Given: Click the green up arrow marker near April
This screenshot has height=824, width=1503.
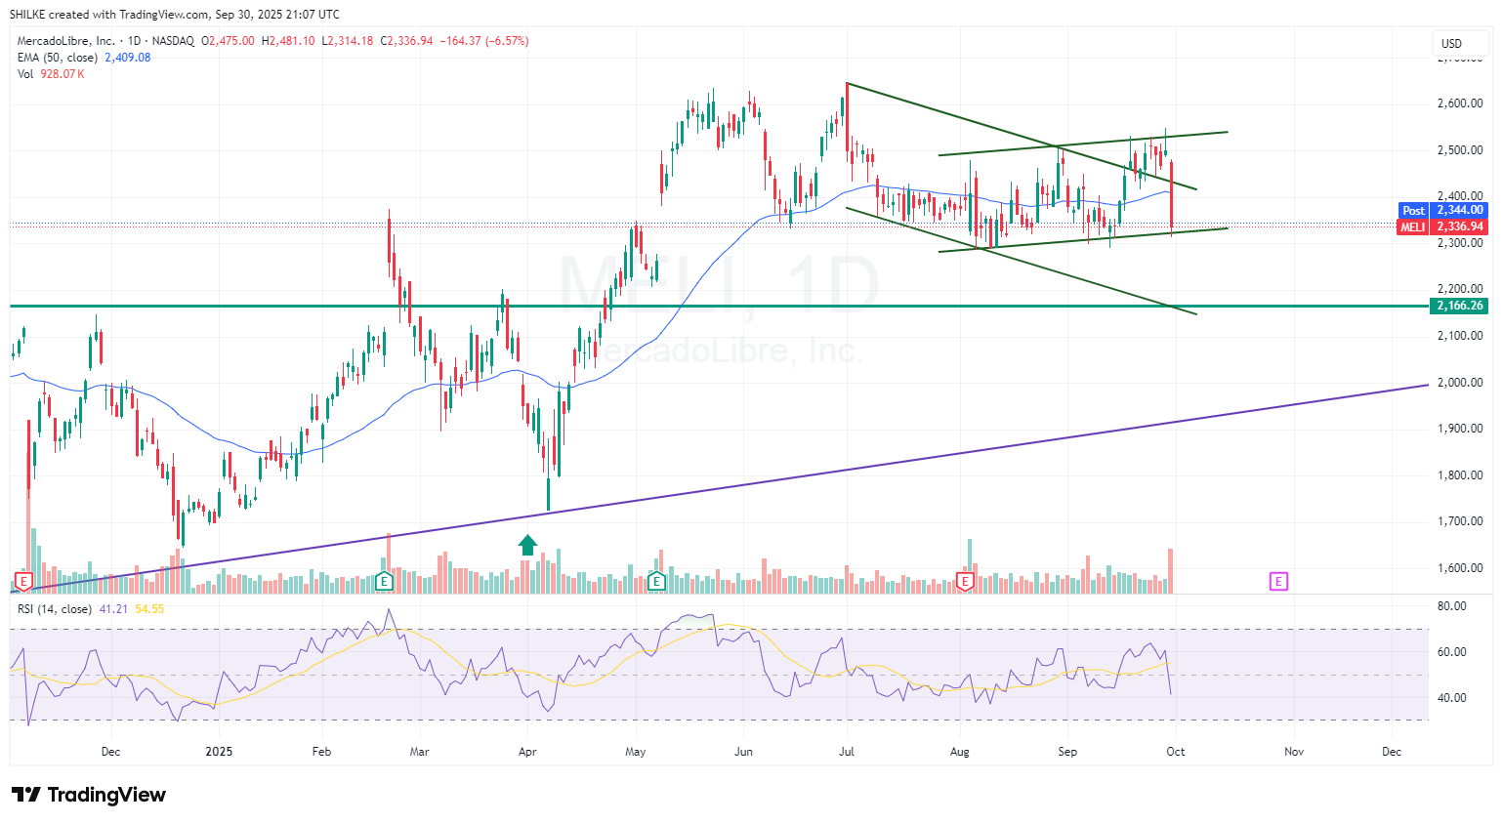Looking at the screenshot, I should coord(527,545).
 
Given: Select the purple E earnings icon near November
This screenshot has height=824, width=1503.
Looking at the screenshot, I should coord(1278,582).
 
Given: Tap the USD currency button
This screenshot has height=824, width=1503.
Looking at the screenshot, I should coord(1451,43).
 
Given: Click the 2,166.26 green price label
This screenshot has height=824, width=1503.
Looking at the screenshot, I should coord(1460,306).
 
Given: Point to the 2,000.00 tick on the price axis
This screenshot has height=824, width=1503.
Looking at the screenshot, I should coord(1460,382).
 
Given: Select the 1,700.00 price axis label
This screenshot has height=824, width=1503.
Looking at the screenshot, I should coord(1460,521).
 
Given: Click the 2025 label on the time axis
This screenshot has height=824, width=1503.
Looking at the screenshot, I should coord(219,751).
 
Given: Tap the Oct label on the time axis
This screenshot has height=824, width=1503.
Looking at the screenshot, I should coord(1176,751).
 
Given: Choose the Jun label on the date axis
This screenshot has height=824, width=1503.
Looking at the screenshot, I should coord(743,751).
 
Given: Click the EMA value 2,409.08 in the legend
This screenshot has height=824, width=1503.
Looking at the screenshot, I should coord(128,58).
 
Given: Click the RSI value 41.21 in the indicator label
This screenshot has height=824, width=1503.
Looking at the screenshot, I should coord(113,609).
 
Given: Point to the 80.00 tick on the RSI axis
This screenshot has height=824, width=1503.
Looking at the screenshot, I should coord(1452,606).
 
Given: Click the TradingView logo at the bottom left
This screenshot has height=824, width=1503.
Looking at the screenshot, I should coord(89,795).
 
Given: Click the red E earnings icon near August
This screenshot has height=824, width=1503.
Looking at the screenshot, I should coord(965,582).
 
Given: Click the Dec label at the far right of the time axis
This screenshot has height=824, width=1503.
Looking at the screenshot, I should coord(1392,751).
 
